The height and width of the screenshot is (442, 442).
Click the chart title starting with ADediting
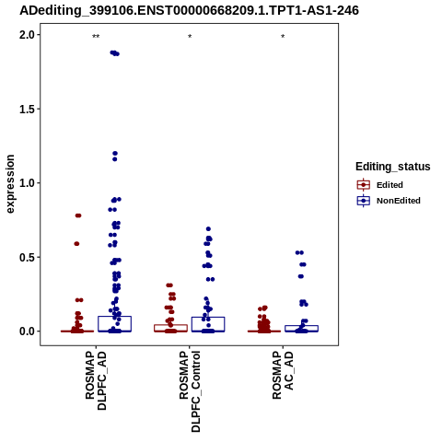[x=189, y=10]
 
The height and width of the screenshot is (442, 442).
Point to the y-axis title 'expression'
[x=10, y=184]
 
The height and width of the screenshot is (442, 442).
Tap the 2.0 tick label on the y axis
[x=27, y=35]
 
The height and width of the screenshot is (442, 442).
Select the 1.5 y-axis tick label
[x=27, y=109]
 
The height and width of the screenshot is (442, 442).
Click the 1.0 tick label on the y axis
[x=27, y=183]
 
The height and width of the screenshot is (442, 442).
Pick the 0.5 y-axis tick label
[x=27, y=257]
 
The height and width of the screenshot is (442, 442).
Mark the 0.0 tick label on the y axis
[x=27, y=331]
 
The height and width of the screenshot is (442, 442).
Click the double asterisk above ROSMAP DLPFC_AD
[x=96, y=37]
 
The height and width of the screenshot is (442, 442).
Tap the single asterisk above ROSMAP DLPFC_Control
[x=190, y=37]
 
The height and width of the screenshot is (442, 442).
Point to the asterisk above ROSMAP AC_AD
[x=283, y=37]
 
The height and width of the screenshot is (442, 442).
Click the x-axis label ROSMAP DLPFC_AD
[x=96, y=380]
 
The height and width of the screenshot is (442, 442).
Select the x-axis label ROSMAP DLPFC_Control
[x=190, y=391]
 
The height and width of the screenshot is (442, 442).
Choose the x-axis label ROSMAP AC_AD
[x=283, y=375]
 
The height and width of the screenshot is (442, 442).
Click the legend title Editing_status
[x=393, y=167]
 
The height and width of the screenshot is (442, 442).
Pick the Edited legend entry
[x=380, y=185]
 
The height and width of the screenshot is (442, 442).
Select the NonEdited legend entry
[x=389, y=201]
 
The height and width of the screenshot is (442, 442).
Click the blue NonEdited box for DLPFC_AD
[x=115, y=317]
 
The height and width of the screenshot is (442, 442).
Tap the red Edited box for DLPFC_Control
[x=170, y=325]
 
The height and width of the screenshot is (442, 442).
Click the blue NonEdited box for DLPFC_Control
[x=208, y=318]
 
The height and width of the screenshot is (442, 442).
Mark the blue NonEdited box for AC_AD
[x=301, y=326]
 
